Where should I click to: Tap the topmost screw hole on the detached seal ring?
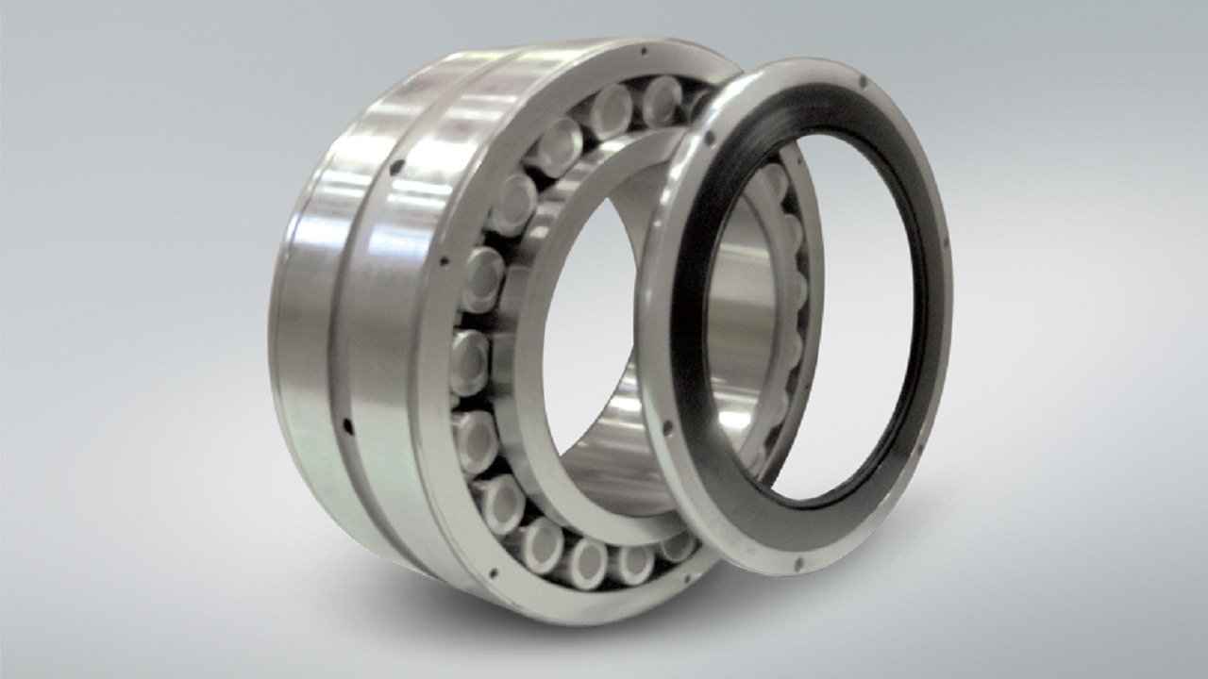tap(862, 83)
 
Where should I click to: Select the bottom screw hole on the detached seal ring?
tap(798, 562)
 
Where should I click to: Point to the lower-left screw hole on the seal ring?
tap(667, 428)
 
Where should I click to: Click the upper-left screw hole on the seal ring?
tap(708, 140)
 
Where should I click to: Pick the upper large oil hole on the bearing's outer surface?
tap(396, 167)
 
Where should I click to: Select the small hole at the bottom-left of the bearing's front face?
tap(492, 571)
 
